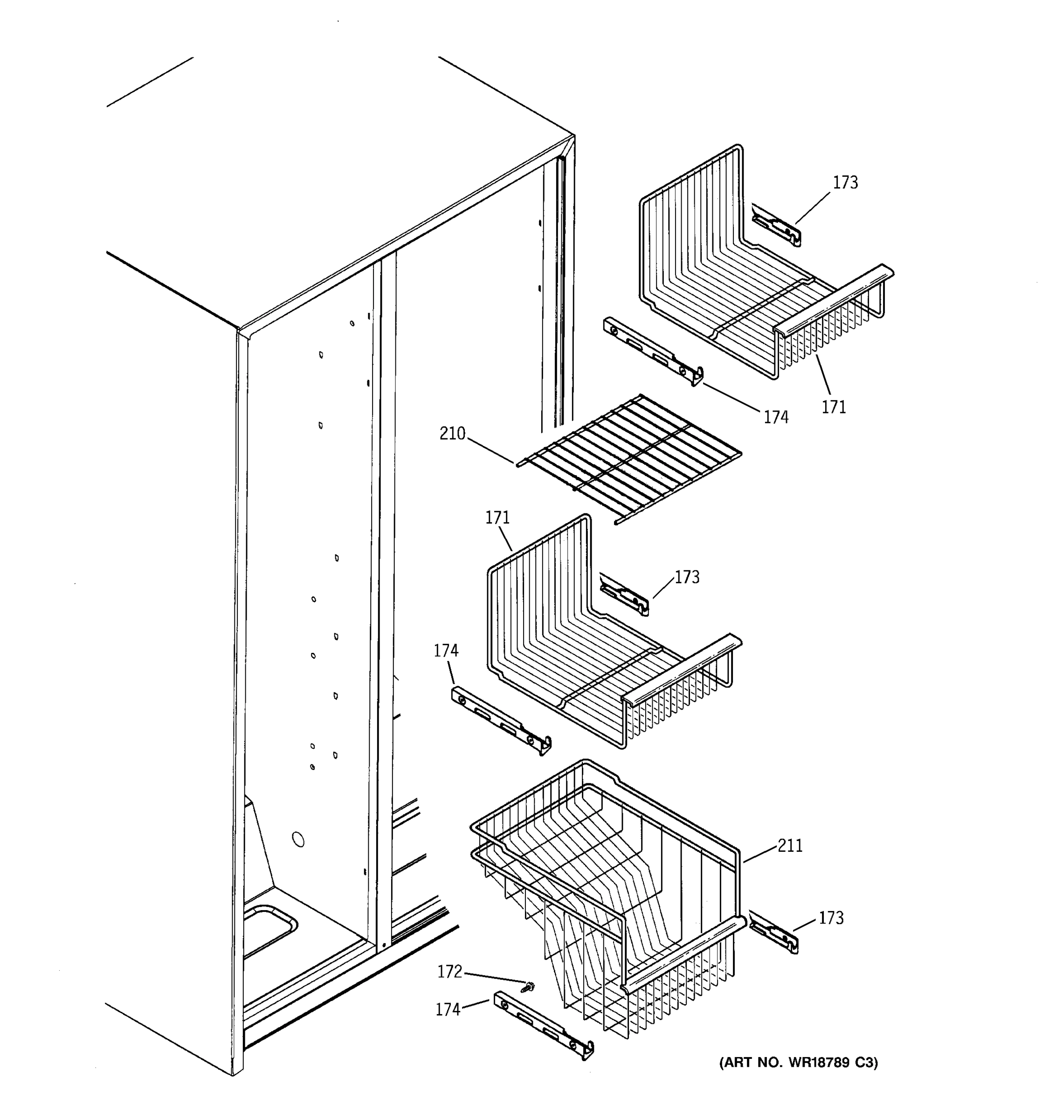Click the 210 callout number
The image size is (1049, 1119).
[x=452, y=434]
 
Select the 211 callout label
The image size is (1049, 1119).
[x=790, y=846]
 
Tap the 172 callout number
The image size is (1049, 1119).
[x=449, y=972]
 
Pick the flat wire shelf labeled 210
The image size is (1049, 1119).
[x=628, y=457]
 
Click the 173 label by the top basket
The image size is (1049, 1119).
[x=845, y=183]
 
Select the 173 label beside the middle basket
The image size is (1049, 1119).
[x=687, y=578]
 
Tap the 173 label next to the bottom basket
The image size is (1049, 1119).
[x=831, y=918]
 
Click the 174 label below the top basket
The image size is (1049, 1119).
[x=775, y=417]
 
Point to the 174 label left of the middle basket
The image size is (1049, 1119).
[x=446, y=651]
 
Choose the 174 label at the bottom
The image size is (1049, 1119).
[x=448, y=1010]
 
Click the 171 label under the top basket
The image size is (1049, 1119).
[x=834, y=407]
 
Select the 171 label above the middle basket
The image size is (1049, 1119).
[x=497, y=518]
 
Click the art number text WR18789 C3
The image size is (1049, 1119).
[x=798, y=1063]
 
